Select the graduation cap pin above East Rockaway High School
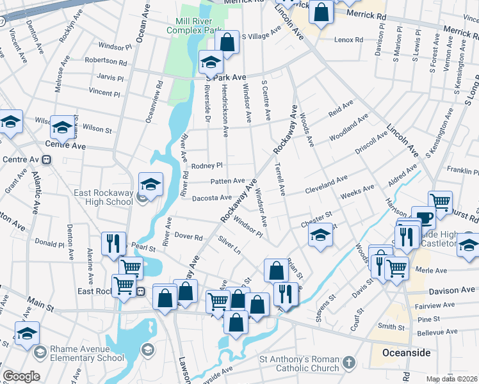point(150,184)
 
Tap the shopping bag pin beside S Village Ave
point(227,42)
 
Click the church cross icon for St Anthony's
point(348,364)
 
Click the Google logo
point(21,376)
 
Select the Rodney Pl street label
point(206,165)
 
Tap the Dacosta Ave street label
point(213,197)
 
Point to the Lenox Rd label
point(349,40)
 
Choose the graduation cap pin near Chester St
point(320,235)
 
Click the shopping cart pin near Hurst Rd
point(440,202)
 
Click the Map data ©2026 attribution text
point(452,379)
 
